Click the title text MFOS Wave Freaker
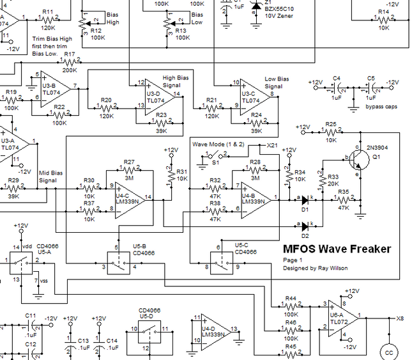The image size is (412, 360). [337, 249]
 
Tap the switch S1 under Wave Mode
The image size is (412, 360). [213, 155]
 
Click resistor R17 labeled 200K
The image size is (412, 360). [70, 62]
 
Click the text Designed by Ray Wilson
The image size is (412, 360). [316, 268]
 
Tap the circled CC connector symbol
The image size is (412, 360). [388, 352]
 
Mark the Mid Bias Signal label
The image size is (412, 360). [51, 176]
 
